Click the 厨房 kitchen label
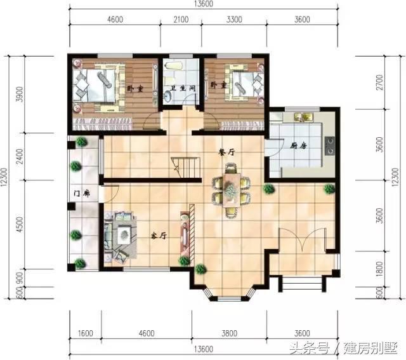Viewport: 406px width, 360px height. click(x=298, y=146)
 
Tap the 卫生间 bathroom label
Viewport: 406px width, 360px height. click(x=183, y=88)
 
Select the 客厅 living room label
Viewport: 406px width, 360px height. click(x=159, y=236)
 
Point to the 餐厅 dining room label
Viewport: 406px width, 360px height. click(x=227, y=152)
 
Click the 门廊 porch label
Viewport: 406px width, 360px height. click(x=82, y=194)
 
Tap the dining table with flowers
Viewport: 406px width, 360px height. click(x=231, y=190)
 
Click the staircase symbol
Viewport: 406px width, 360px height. click(x=186, y=168)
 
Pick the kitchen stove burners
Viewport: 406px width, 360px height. click(x=330, y=145)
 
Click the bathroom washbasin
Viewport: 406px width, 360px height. click(x=167, y=98)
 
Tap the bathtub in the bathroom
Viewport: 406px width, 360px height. click(x=174, y=66)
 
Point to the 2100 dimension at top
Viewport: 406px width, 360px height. click(x=181, y=20)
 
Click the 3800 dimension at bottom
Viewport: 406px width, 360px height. click(x=230, y=333)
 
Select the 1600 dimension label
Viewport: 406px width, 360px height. click(x=85, y=333)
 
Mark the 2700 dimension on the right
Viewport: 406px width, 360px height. click(x=379, y=83)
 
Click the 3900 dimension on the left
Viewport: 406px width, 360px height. click(x=20, y=94)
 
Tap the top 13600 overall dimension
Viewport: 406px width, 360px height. click(x=203, y=4)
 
